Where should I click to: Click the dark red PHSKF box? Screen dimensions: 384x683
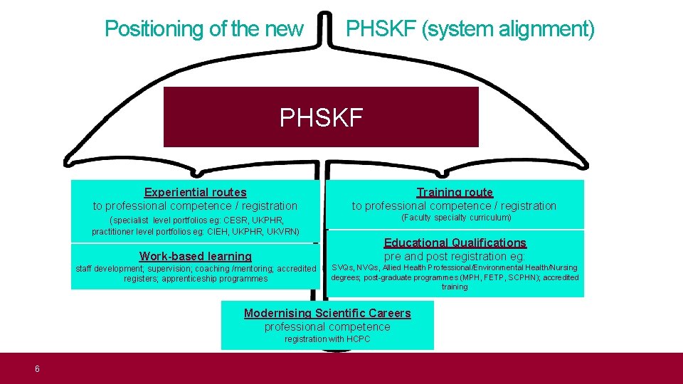321,117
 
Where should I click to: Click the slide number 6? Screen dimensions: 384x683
37,368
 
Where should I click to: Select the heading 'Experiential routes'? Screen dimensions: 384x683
195,192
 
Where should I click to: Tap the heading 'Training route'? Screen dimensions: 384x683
455,192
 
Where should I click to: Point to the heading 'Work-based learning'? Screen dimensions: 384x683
196,256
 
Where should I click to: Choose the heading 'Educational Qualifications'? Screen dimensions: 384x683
455,243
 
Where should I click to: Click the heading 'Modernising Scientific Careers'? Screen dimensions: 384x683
327,313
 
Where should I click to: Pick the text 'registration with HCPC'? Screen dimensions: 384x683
327,339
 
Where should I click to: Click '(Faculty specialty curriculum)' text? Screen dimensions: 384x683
456,218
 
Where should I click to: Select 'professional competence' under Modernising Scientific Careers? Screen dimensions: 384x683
327,326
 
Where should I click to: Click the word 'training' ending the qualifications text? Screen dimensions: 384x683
455,287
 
